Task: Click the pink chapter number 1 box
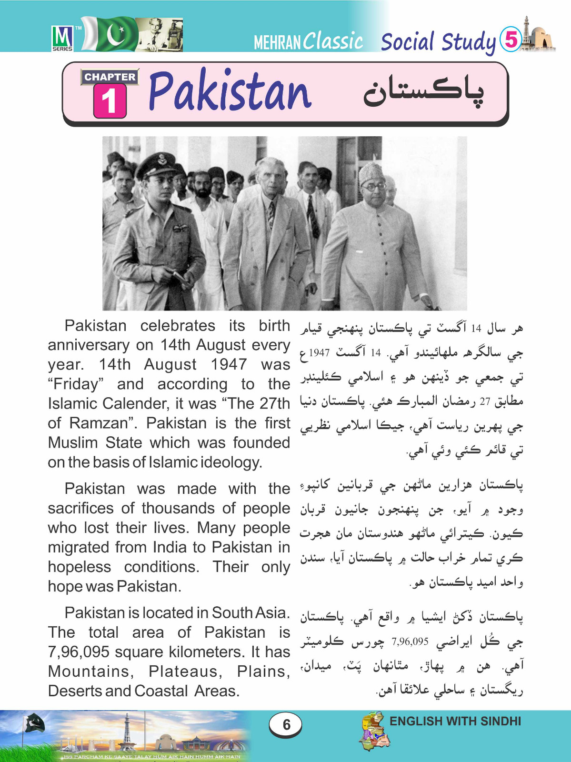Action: (x=110, y=101)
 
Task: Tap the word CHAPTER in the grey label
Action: (x=110, y=77)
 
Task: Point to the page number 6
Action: (x=286, y=724)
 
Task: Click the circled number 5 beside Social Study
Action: (x=511, y=39)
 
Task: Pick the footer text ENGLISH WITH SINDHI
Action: (x=455, y=721)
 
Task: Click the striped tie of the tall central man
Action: (x=270, y=214)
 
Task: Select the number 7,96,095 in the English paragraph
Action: (x=79, y=652)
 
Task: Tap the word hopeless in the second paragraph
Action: (x=79, y=567)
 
